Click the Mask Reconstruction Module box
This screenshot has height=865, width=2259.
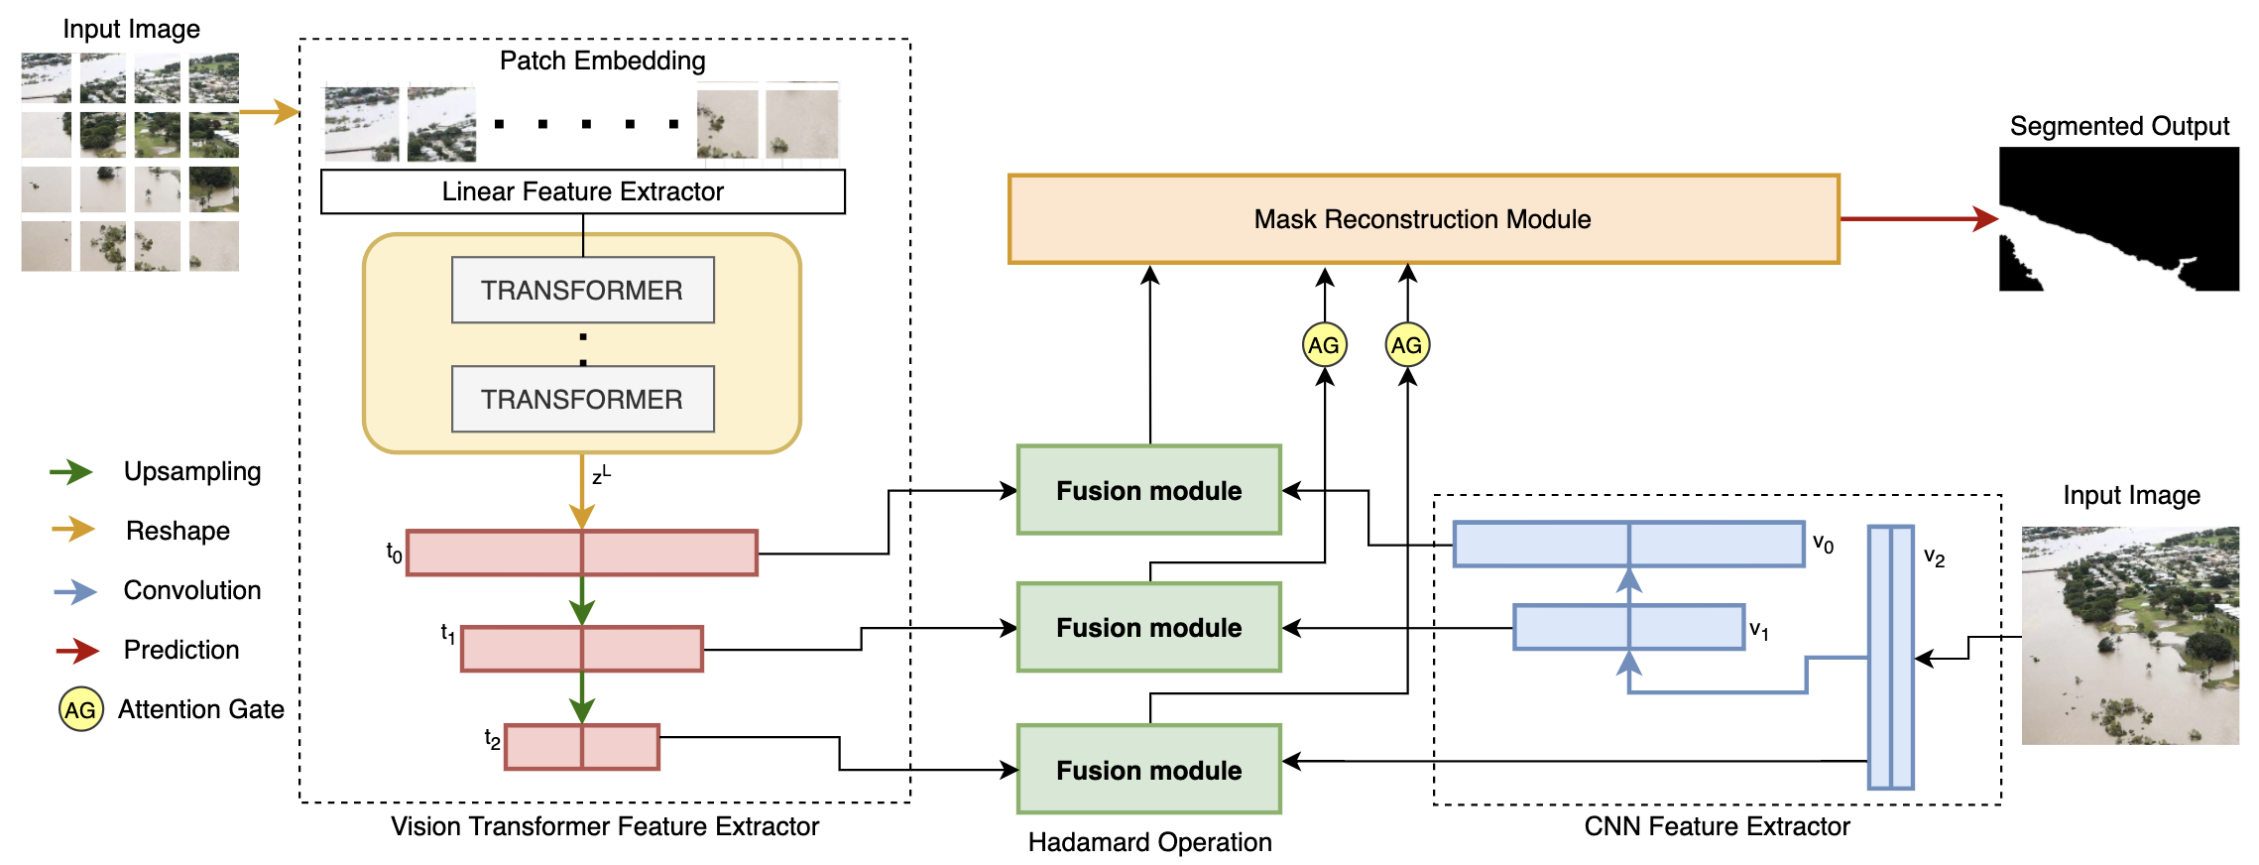click(1423, 219)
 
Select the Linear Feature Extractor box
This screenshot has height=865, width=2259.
click(583, 191)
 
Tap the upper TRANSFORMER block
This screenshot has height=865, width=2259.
click(582, 290)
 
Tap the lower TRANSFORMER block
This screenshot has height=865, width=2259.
click(582, 399)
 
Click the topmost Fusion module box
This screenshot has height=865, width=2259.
click(1148, 490)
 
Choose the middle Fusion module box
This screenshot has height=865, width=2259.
click(1148, 627)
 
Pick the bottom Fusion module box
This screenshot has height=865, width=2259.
click(1148, 770)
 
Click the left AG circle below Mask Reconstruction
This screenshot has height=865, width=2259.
click(1324, 345)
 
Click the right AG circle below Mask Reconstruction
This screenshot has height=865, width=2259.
click(1406, 345)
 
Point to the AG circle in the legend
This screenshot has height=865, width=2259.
click(80, 709)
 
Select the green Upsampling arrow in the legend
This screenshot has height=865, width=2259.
click(71, 472)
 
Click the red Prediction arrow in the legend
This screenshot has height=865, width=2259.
click(77, 651)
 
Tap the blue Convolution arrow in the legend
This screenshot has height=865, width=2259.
click(75, 591)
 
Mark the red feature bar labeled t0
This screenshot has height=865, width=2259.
click(582, 553)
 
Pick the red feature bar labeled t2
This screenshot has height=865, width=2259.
click(582, 747)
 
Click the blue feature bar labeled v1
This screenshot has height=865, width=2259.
click(1628, 627)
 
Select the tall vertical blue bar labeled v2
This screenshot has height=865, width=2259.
click(1890, 657)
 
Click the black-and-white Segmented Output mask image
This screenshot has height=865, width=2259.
click(2118, 218)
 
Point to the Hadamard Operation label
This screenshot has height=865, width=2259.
click(1149, 842)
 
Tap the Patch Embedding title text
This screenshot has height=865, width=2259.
click(602, 61)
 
